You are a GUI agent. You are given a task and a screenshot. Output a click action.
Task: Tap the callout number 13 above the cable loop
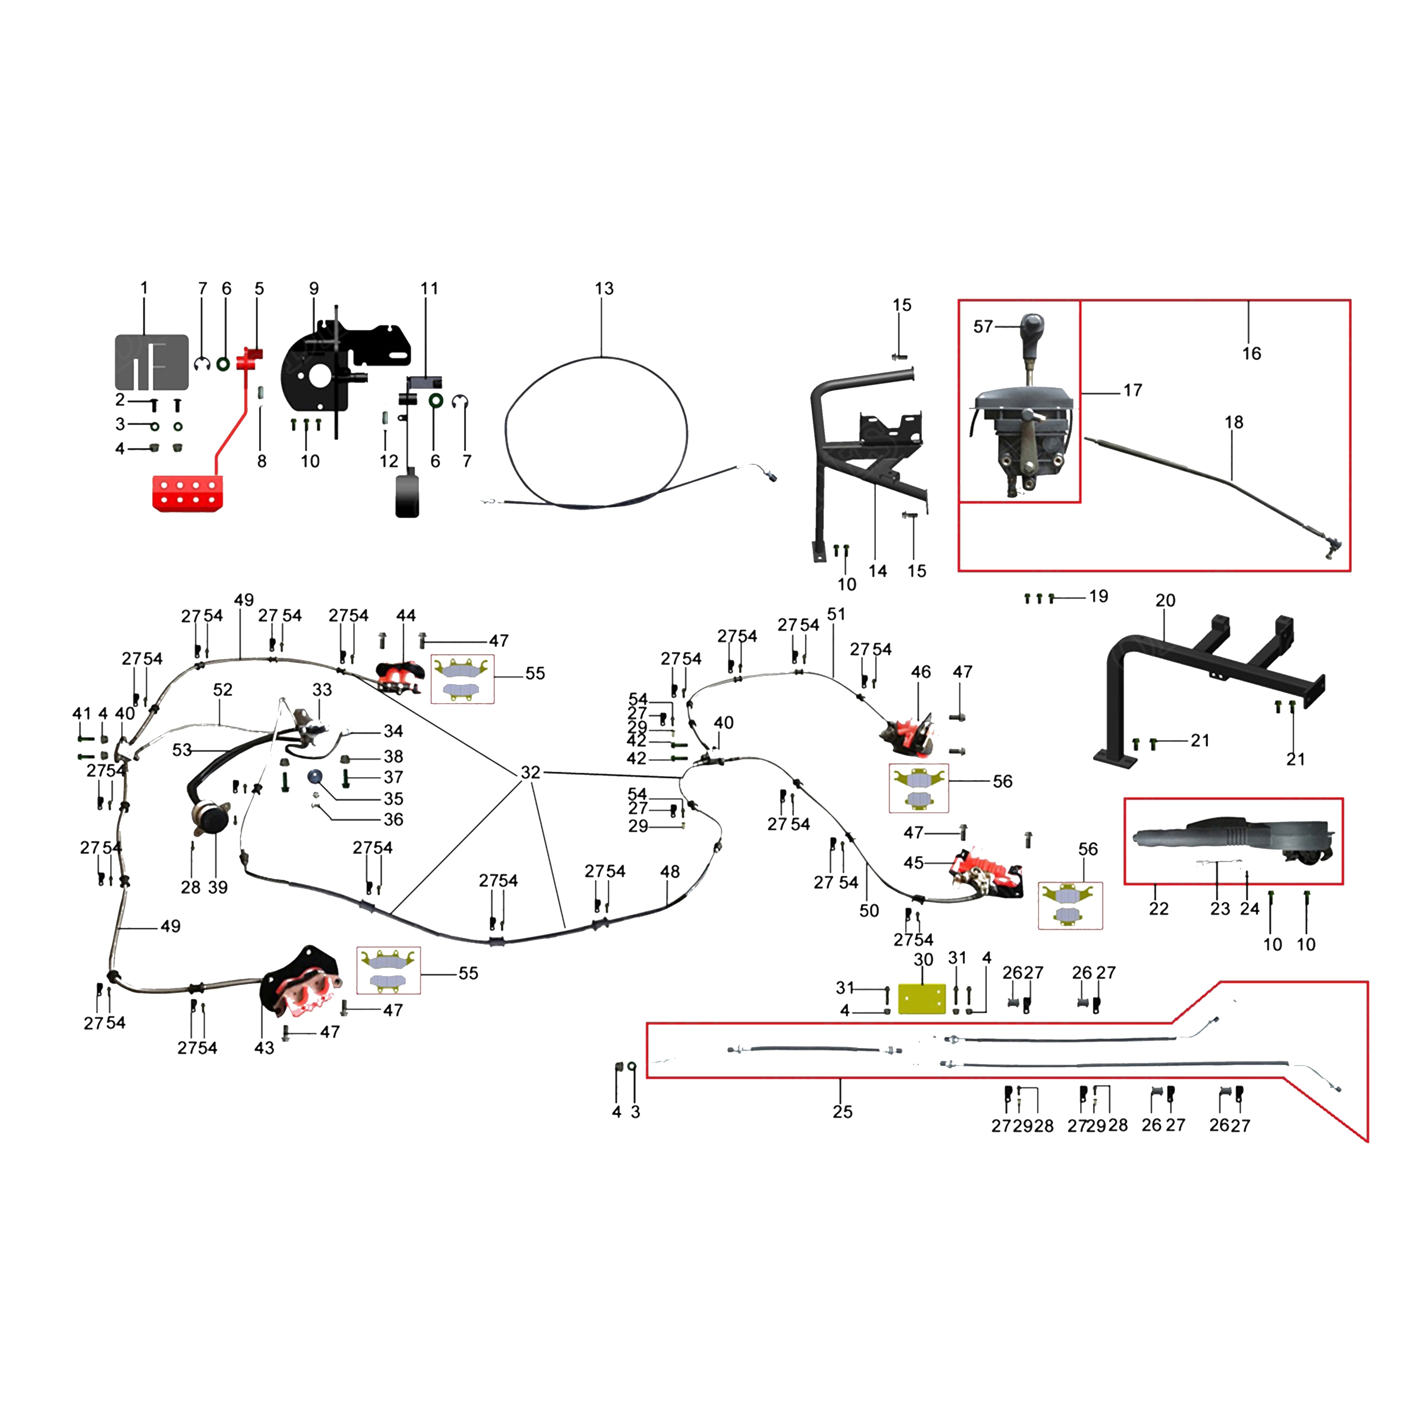604,289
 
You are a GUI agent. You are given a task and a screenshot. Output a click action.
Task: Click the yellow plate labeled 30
922,999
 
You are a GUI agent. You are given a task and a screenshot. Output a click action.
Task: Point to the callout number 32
531,772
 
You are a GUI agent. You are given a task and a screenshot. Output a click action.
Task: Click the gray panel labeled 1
151,361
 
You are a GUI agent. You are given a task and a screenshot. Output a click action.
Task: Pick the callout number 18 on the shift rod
1233,422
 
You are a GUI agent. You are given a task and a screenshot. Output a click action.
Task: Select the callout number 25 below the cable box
842,1112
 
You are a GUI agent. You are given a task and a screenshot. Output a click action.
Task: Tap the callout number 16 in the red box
1251,354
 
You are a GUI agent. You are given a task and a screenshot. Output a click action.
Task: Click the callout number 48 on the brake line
670,872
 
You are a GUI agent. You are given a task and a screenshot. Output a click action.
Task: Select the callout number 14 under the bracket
877,570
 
